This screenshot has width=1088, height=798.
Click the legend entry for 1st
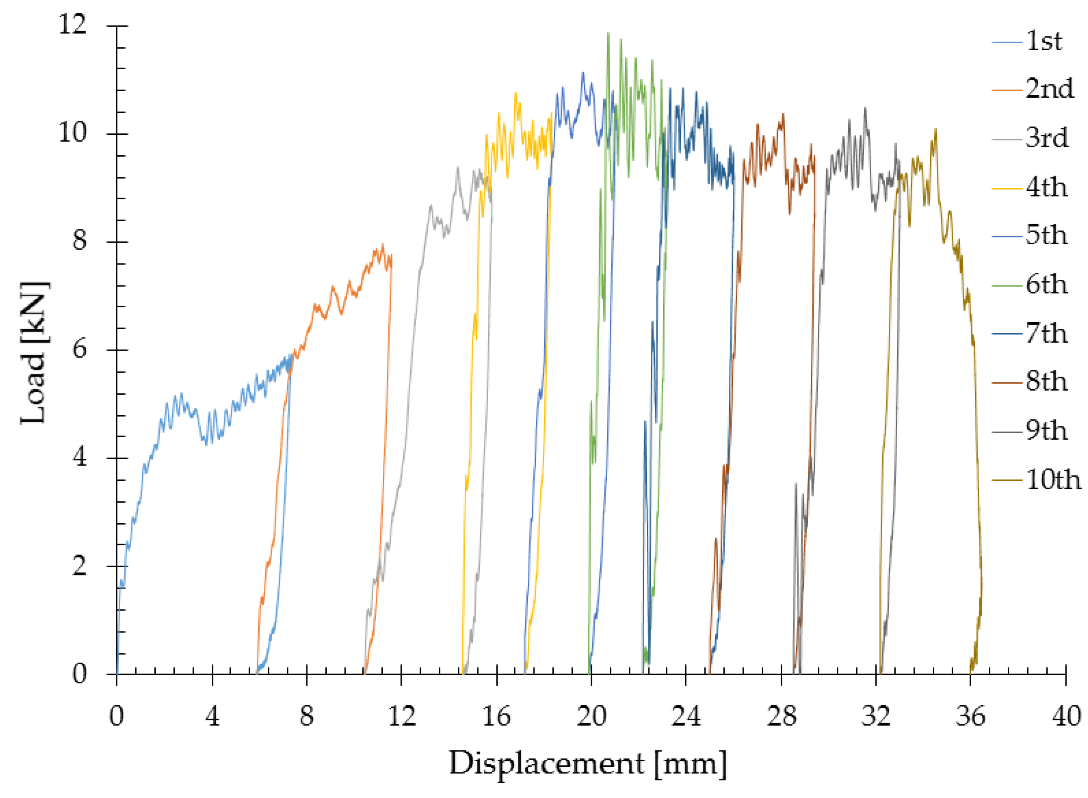click(1043, 41)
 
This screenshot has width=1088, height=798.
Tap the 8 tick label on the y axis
click(80, 241)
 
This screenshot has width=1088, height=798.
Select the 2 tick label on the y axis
click(80, 566)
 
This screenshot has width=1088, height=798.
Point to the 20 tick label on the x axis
click(591, 716)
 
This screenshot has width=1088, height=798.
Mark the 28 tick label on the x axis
click(781, 716)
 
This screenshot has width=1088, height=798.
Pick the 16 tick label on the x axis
click(496, 716)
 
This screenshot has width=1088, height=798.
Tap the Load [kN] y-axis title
click(35, 353)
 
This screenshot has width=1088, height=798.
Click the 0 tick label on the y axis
click(80, 674)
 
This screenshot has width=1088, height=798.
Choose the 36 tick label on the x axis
click(970, 716)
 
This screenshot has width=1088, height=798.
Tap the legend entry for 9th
click(1046, 431)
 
